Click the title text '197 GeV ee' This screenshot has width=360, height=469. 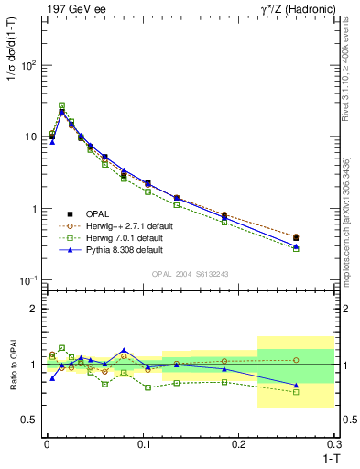point(72,9)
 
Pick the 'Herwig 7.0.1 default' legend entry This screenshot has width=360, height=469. point(124,237)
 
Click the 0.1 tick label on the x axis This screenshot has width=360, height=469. point(143,444)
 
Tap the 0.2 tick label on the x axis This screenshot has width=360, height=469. point(240,444)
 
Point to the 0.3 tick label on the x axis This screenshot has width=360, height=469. point(335,444)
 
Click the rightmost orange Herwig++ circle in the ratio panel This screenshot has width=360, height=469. point(295,360)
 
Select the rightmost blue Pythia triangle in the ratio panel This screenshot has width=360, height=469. point(295,385)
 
